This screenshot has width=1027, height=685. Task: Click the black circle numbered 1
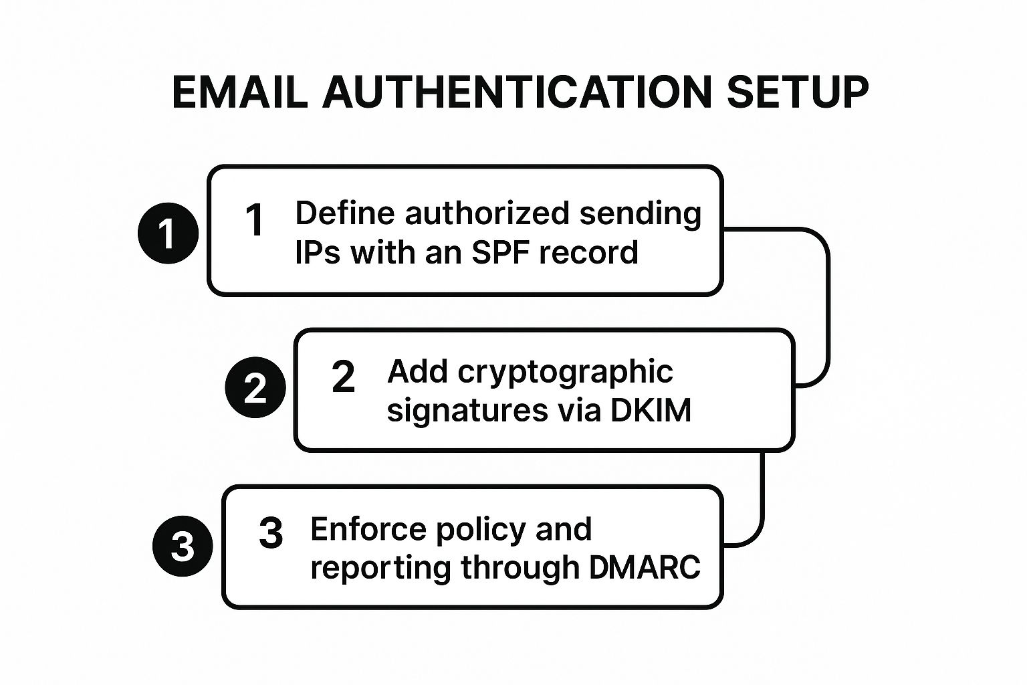pos(168,233)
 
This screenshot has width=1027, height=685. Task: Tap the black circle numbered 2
pos(255,388)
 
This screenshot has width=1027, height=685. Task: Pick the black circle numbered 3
pos(183,546)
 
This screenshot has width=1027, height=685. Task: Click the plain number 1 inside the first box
pos(255,220)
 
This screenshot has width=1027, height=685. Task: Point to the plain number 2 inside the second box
pos(343,377)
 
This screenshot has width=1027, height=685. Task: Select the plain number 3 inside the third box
pos(271,534)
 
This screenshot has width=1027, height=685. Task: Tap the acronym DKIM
pos(651,409)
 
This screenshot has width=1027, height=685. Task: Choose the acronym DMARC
pos(645,567)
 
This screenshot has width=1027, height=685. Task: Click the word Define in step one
pos(344,213)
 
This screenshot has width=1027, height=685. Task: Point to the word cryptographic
pos(565,372)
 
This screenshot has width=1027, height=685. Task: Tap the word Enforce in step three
pos(367,529)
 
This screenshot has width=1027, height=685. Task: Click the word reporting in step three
pos(380,568)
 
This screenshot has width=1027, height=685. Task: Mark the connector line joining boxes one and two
pos(828,308)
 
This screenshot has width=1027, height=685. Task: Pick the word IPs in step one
pos(318,253)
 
